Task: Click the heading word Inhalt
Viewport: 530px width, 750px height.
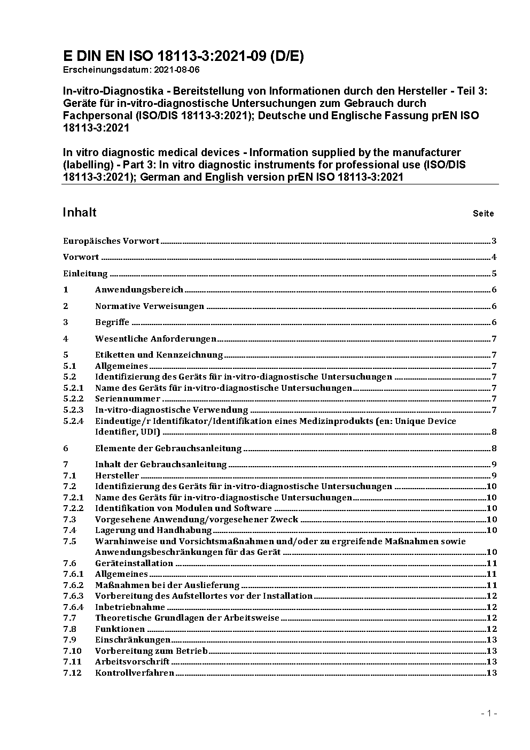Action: [x=80, y=213]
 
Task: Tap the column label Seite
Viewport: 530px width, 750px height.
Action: [x=483, y=214]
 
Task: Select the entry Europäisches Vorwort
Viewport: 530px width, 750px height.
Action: [x=111, y=241]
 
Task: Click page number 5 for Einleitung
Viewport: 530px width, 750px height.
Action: [x=494, y=274]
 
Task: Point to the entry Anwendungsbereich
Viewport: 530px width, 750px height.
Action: [x=139, y=290]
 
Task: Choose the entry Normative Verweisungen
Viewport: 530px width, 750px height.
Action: [x=150, y=306]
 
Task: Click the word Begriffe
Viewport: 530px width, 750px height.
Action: [x=112, y=322]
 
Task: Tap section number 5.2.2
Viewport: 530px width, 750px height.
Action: [x=74, y=399]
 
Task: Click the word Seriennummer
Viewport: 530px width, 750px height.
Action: [x=128, y=399]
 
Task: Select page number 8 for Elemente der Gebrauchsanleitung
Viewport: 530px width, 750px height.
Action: [x=494, y=449]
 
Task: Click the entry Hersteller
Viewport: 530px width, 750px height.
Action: [x=117, y=476]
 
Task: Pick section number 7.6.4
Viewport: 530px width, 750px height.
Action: [x=74, y=607]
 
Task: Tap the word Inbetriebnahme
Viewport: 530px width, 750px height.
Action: [x=130, y=607]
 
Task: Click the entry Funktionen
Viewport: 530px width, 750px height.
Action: [x=120, y=629]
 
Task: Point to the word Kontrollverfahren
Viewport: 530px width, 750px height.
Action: [x=135, y=673]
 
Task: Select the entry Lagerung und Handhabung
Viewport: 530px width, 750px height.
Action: [x=153, y=530]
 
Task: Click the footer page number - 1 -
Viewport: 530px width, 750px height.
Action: [x=489, y=713]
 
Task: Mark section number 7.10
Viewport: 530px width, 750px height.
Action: [x=72, y=651]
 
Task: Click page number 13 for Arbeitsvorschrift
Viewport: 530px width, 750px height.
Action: [x=492, y=662]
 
